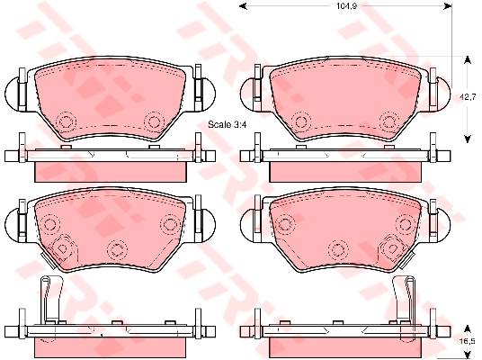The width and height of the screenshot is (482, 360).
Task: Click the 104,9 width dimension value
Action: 346,6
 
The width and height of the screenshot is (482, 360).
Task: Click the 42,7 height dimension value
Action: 468,97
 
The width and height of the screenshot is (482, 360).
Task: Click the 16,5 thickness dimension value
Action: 468,341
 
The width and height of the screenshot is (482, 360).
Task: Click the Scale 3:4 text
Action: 228,124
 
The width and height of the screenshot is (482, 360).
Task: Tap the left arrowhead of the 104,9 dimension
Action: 243,5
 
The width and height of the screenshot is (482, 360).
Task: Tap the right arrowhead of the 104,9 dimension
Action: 448,5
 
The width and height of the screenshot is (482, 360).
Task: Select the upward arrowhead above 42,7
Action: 468,60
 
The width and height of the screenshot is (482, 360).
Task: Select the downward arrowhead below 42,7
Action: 468,139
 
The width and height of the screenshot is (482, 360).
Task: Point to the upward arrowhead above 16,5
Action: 468,328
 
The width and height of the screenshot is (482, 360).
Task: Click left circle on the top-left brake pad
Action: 67,121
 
